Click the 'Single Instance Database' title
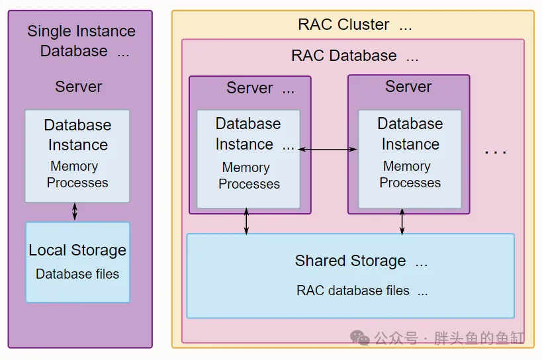coord(81,40)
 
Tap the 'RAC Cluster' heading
coord(343,24)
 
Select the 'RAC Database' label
coord(344,56)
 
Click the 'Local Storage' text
coord(77,250)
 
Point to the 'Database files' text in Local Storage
coord(77,274)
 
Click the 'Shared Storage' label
coord(350,261)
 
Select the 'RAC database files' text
coord(353,290)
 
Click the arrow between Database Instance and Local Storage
coord(75,211)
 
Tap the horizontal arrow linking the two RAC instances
coord(328,150)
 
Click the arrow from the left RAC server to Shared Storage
coord(247,222)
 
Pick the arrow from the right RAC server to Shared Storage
coord(402,222)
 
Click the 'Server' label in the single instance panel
coord(78,87)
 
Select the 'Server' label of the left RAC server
coord(249,88)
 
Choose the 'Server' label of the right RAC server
coord(408,87)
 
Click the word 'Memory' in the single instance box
coord(74,166)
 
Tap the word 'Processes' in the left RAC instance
coord(249,184)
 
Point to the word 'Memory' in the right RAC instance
coord(406,166)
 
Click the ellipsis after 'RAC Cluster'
coord(405,26)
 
